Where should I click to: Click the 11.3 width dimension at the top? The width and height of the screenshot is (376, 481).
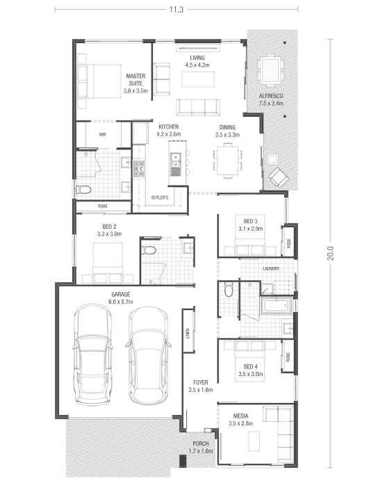pos(177,10)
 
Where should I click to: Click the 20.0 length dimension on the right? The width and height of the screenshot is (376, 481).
pos(330,253)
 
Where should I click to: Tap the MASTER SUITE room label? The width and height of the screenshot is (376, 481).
pos(136,83)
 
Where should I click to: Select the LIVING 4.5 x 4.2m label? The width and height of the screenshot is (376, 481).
pos(197,61)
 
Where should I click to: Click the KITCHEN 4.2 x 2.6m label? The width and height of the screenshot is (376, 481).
pos(169,131)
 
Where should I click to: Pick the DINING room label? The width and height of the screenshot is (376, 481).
pos(227,131)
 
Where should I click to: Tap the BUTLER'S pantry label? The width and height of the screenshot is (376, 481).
pos(160,197)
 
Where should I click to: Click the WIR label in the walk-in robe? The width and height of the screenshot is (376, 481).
pos(102,134)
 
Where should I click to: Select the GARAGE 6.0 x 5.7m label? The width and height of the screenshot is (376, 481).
pos(121,298)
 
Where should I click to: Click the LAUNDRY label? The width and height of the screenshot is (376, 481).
pos(272,268)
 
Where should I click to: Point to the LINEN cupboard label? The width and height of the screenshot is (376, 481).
pos(188,333)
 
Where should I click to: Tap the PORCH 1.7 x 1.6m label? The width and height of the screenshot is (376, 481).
pos(201,447)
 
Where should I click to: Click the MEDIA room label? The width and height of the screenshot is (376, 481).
pos(240,420)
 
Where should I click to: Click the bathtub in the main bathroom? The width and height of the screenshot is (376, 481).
pos(276,305)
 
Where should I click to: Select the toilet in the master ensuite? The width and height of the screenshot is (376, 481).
pos(83,190)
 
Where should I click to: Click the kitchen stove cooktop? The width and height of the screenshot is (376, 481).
pos(139,169)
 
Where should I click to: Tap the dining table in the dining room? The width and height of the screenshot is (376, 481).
pos(227,161)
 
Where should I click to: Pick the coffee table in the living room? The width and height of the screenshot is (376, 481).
pos(198,79)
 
